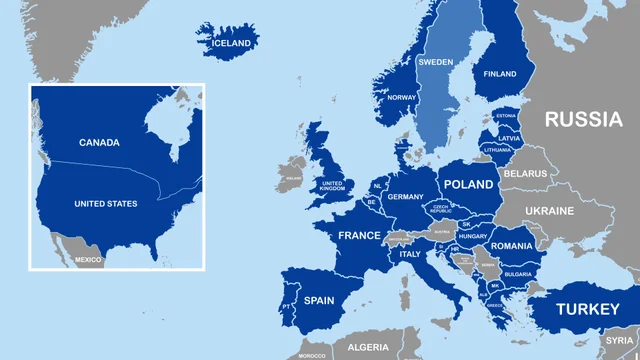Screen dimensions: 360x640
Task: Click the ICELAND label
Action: (230, 43)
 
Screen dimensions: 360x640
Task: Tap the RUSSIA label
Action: (583, 120)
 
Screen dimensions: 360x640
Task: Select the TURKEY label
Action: (587, 309)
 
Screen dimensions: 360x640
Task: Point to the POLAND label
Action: (468, 185)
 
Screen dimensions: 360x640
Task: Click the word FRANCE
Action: (359, 236)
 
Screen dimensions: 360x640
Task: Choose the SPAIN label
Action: (319, 300)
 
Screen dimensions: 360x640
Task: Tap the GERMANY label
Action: (406, 197)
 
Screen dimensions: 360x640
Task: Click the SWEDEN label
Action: (435, 62)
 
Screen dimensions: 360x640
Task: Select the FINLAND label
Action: (500, 74)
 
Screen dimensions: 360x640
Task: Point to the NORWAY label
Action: (401, 97)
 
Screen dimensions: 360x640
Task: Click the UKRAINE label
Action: (550, 211)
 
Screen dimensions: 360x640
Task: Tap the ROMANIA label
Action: (511, 246)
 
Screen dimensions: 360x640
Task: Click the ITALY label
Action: (410, 254)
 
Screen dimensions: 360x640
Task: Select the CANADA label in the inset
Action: (99, 143)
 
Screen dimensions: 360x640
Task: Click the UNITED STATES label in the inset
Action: (106, 204)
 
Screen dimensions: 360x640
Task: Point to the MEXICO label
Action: (88, 260)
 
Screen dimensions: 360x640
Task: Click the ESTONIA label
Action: (505, 116)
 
